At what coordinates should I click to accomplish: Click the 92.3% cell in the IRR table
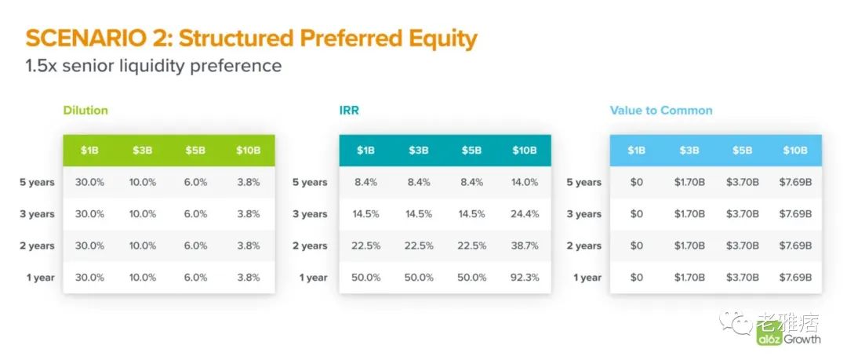[525, 278]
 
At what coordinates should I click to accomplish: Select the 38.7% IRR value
[525, 245]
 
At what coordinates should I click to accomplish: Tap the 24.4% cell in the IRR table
[525, 214]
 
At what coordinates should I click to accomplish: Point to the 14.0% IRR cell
[525, 182]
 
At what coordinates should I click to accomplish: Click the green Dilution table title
[85, 111]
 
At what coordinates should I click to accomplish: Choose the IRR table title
[349, 111]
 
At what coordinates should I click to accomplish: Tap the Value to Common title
[661, 111]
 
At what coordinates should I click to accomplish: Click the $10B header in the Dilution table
[248, 151]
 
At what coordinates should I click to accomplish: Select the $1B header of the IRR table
[365, 151]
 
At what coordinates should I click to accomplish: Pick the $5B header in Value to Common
[742, 151]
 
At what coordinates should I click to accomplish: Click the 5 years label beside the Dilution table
[38, 182]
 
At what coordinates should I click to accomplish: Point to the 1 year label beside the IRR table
[313, 278]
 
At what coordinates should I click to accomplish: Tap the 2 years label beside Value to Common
[584, 246]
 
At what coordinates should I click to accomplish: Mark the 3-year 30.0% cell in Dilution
[89, 214]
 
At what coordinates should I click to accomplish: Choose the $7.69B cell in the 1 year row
[795, 278]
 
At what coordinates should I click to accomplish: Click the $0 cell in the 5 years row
[636, 182]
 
